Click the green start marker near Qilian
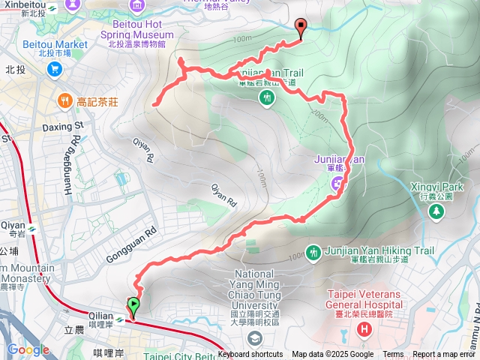133,306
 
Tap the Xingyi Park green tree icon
436,211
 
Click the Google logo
28,349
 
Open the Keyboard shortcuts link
250,355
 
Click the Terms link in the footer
393,355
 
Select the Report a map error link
445,355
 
